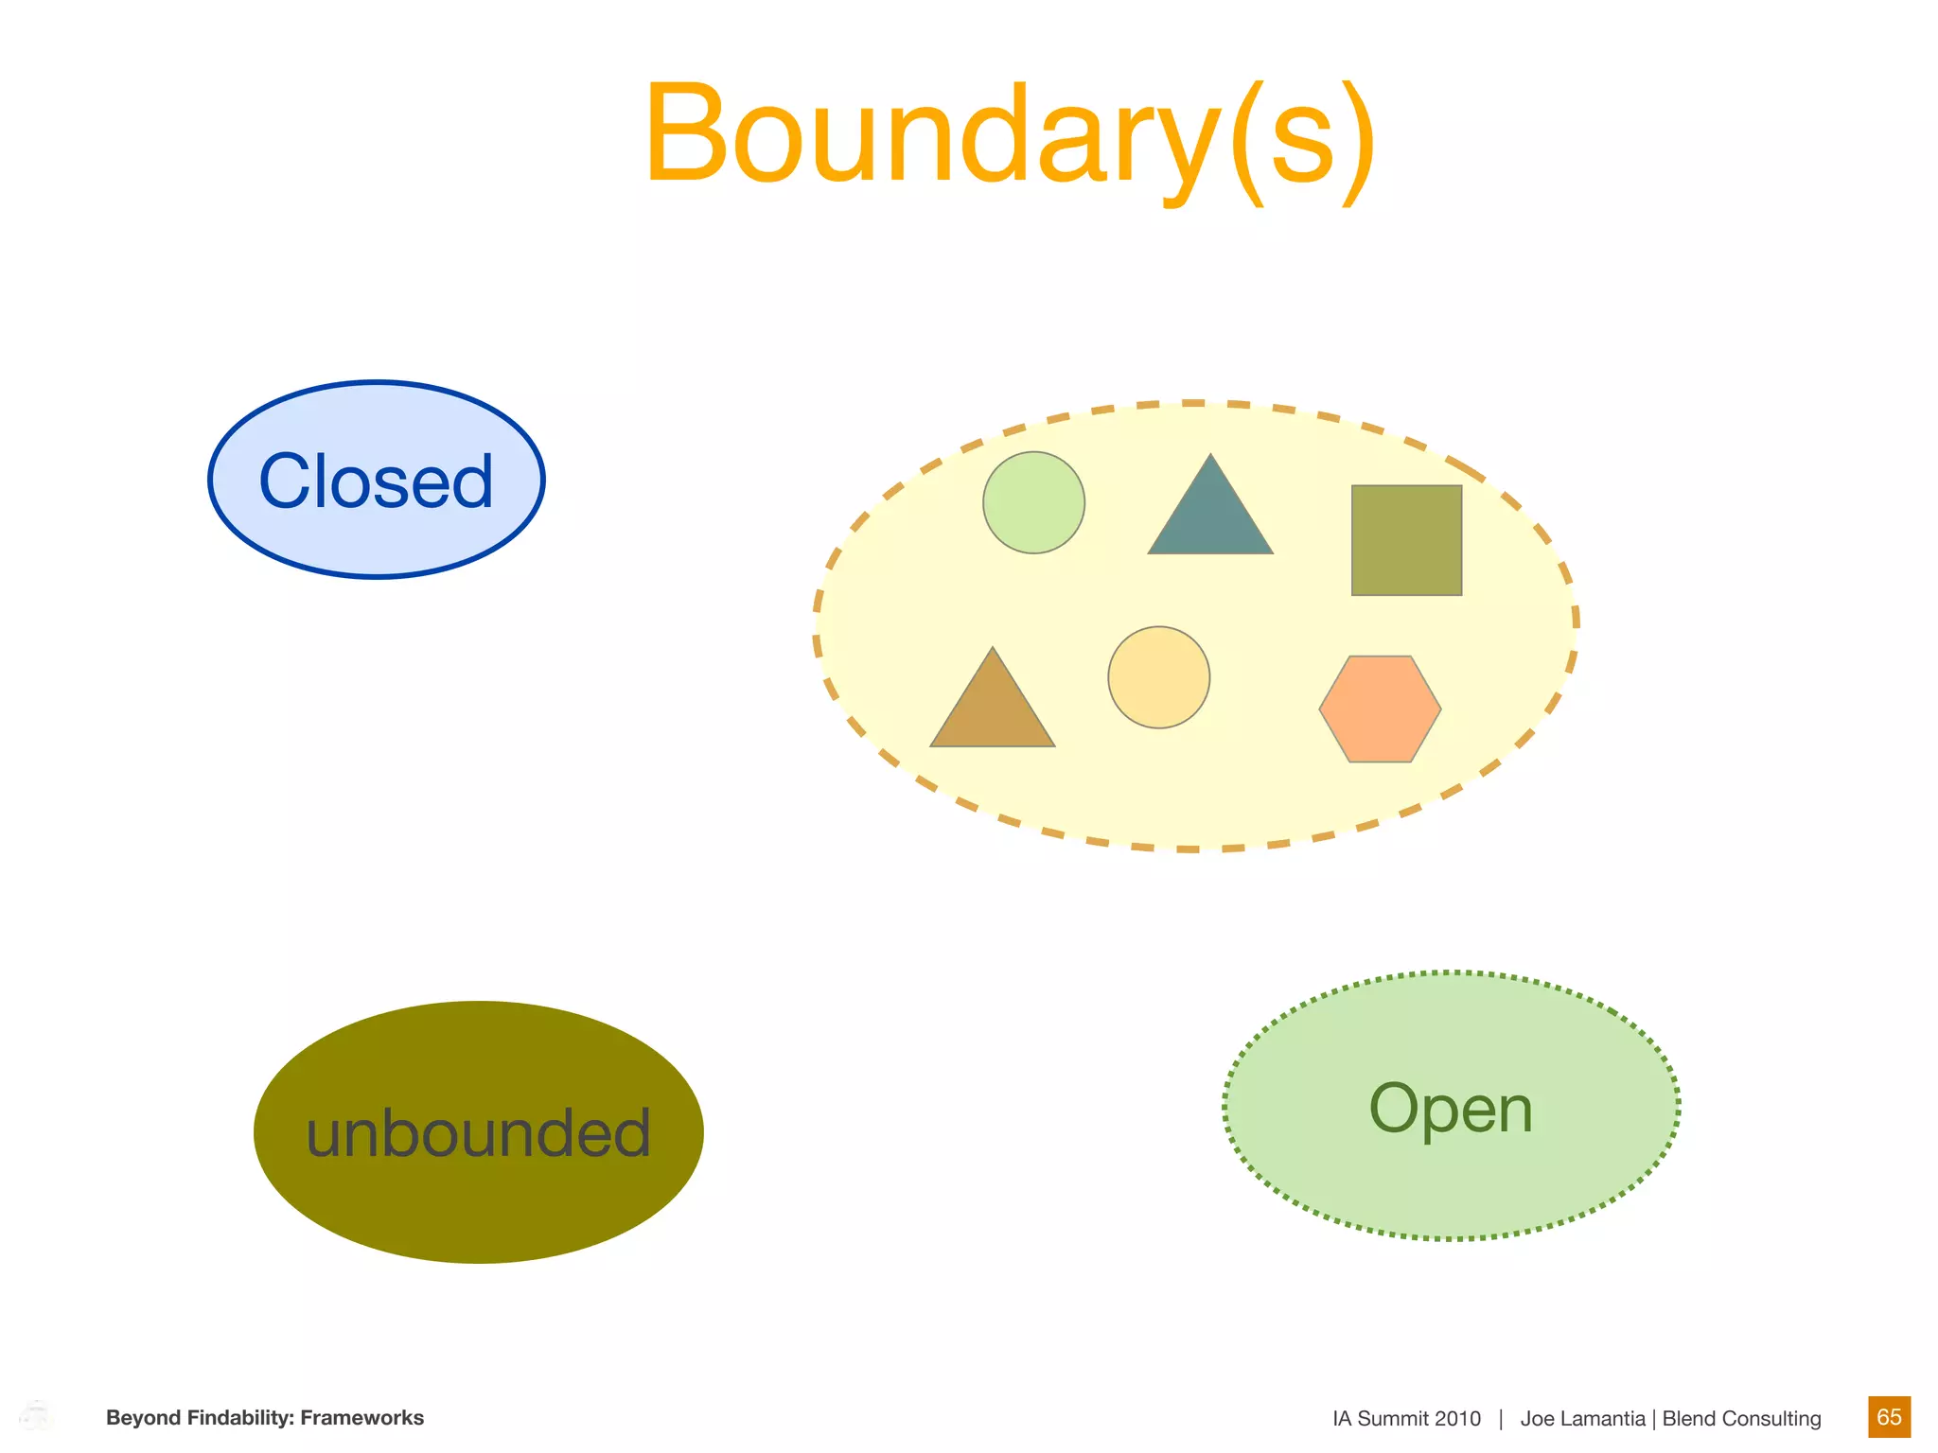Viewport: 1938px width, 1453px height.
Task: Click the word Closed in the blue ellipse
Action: [x=376, y=481]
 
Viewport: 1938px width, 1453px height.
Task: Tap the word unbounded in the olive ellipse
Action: [x=479, y=1133]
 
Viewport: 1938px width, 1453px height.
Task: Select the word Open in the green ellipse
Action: [x=1451, y=1109]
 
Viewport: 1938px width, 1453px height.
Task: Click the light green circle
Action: [x=1033, y=502]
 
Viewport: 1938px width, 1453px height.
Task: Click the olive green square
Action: [x=1406, y=540]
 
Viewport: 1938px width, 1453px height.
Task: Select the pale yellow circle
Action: [x=1158, y=677]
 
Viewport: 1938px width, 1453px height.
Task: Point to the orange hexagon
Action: [x=1380, y=709]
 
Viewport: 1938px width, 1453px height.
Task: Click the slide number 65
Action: [x=1889, y=1417]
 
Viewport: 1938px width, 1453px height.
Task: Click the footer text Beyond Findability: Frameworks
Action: [x=265, y=1418]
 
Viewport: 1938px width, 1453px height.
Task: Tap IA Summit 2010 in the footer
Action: [x=1406, y=1419]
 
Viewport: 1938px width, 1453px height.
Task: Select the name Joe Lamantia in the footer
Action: [x=1582, y=1419]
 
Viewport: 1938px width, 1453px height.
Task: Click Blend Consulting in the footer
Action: [x=1741, y=1419]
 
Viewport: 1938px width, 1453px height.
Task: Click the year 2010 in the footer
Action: [x=1457, y=1419]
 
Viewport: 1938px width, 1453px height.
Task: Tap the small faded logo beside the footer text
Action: [x=36, y=1416]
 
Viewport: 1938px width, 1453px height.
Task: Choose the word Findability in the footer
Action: [x=241, y=1418]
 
